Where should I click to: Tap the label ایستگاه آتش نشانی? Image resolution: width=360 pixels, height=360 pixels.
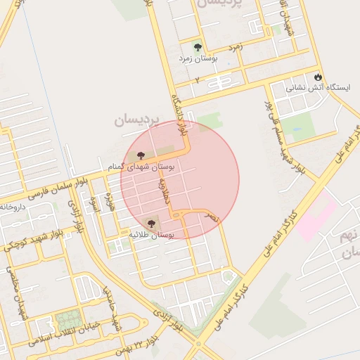(x=305, y=89)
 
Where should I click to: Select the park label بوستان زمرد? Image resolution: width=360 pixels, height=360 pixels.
(x=198, y=59)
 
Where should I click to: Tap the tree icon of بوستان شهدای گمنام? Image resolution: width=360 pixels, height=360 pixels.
(x=141, y=155)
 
